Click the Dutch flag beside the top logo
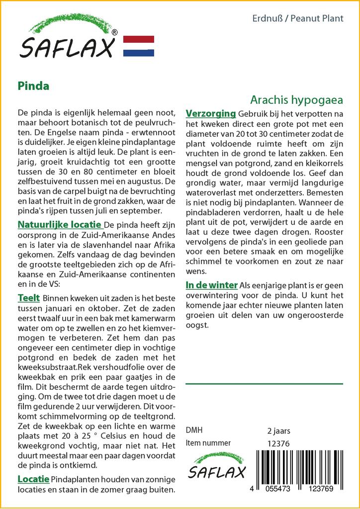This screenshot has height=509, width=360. pos(138,46)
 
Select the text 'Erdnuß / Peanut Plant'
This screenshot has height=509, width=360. pos(298,19)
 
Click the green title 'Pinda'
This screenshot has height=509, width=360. pos(33,85)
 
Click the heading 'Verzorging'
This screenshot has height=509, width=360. pos(210,114)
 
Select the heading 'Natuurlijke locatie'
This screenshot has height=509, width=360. pos(60,225)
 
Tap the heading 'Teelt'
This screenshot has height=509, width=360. pos(28,298)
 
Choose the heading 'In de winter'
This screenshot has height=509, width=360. pos(211,285)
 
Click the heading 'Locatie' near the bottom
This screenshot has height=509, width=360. pos(33,479)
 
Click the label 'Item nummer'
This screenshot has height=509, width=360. pos(208,443)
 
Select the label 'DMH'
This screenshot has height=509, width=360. pos(194,430)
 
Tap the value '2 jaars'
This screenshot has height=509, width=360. pos(278,430)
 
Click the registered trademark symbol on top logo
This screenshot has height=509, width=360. pos(115,33)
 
